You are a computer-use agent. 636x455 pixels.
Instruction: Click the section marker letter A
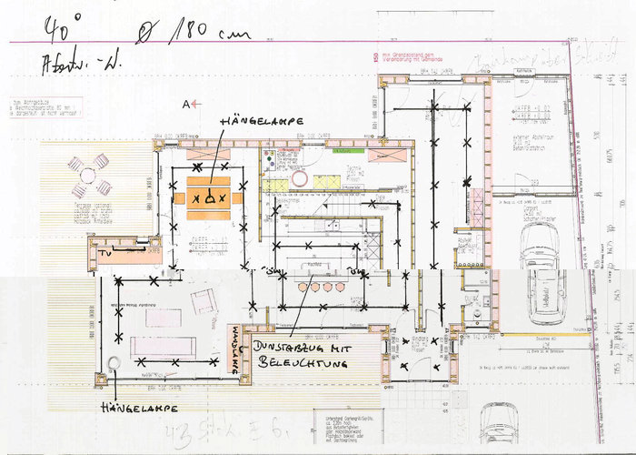(x=187, y=105)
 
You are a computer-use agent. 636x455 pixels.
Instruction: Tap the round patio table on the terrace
(x=89, y=175)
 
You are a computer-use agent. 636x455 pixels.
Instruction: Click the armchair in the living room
(x=203, y=301)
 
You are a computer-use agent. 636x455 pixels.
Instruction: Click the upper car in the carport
(x=539, y=243)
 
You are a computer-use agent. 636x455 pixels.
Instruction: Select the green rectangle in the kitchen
(x=275, y=185)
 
